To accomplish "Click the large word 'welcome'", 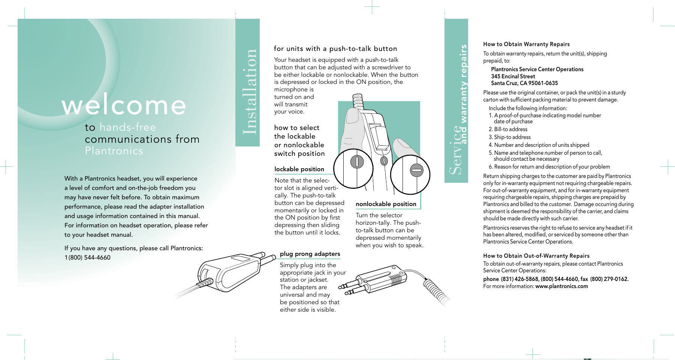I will (124, 105).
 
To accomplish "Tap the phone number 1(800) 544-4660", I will (87, 257).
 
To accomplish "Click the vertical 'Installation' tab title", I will (249, 92).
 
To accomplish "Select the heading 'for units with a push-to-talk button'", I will (335, 49).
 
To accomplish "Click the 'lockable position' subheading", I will (299, 169).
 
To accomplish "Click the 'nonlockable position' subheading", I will (386, 204).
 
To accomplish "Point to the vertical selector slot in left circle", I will (357, 162).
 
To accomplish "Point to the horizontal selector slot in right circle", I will (416, 170).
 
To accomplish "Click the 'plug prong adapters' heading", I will (310, 254).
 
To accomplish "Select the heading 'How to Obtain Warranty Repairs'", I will (526, 44).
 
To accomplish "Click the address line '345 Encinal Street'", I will (513, 76).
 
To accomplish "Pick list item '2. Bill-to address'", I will (508, 129).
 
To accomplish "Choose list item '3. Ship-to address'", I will (509, 137).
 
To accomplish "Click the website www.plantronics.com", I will (561, 286).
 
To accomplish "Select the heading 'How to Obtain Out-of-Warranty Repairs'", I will (536, 256).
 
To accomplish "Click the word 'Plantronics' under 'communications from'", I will (114, 151).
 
